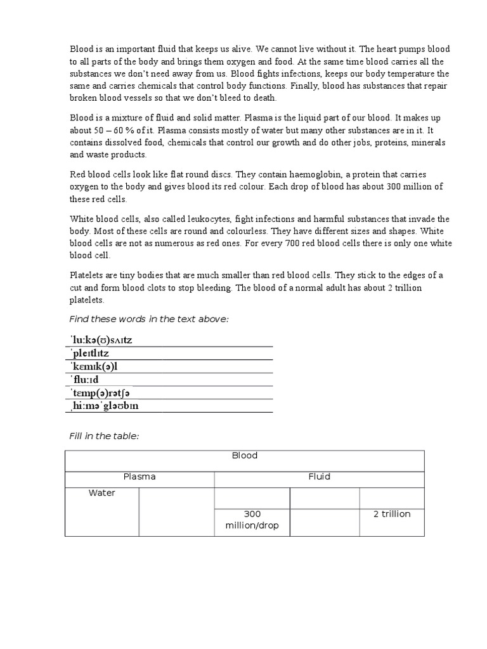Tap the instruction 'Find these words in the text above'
(x=148, y=319)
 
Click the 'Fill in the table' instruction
(x=103, y=437)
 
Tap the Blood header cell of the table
(x=244, y=456)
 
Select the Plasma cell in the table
(x=140, y=477)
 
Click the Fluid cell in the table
(x=319, y=477)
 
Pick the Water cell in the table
(x=102, y=493)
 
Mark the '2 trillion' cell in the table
(x=391, y=514)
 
